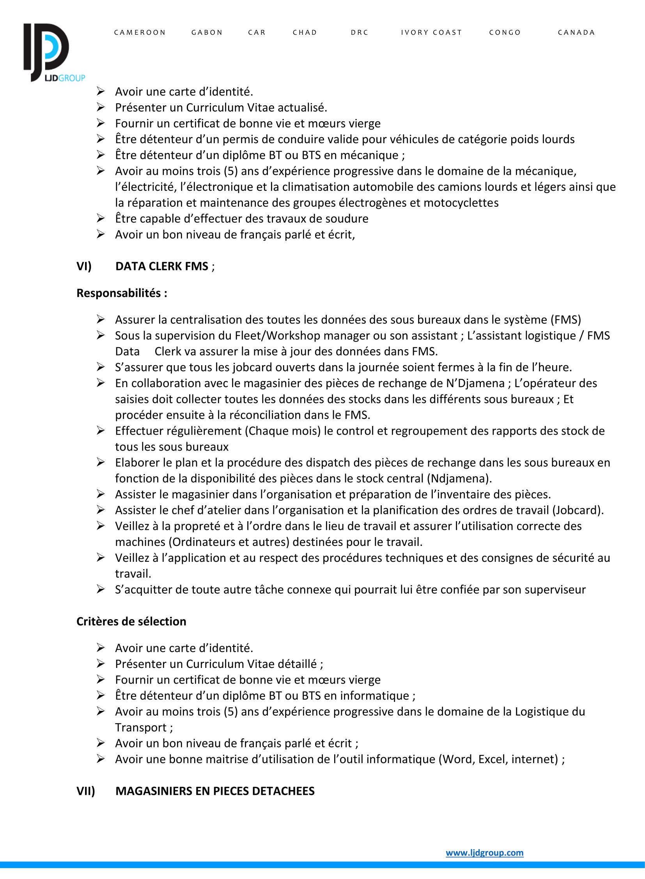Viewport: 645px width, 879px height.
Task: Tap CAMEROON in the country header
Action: pyautogui.click(x=140, y=32)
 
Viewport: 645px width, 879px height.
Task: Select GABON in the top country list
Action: pyautogui.click(x=207, y=32)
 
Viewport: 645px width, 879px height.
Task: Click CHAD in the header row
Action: pyautogui.click(x=305, y=32)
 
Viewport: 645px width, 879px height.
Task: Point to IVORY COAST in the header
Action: pyautogui.click(x=431, y=32)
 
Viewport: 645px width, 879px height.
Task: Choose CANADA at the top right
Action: pyautogui.click(x=576, y=32)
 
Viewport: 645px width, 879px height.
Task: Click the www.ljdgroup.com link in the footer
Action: pyautogui.click(x=485, y=852)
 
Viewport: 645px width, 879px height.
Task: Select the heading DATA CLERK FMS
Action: pyautogui.click(x=162, y=266)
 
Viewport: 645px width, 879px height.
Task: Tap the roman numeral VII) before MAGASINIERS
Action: pyautogui.click(x=85, y=791)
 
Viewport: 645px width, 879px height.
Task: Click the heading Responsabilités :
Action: pyautogui.click(x=122, y=293)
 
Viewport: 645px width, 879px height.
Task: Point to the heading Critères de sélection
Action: pyautogui.click(x=131, y=621)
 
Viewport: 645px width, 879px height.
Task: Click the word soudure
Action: pyautogui.click(x=346, y=218)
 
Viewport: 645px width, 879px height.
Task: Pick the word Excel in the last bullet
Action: pyautogui.click(x=493, y=759)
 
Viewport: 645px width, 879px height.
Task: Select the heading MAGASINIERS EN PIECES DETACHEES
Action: pyautogui.click(x=215, y=791)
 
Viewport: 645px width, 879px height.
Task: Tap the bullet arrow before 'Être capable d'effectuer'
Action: pyautogui.click(x=101, y=218)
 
